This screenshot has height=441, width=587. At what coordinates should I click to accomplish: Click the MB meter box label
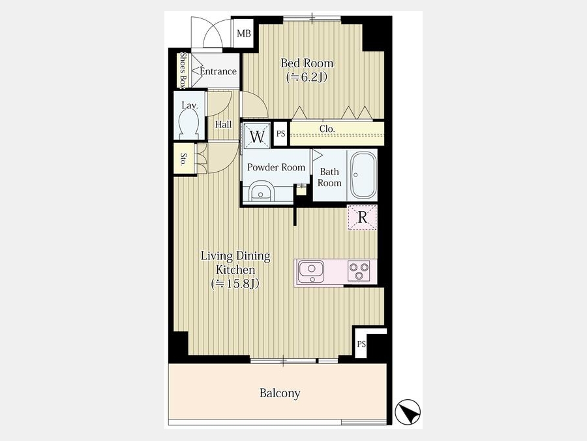tap(244, 33)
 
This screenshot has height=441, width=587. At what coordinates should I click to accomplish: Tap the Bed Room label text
tap(307, 63)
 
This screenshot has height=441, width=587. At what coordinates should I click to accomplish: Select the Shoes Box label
tap(183, 70)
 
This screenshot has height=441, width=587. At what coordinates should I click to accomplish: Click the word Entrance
tap(218, 71)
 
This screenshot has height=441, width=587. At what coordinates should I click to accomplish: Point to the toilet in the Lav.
tap(189, 123)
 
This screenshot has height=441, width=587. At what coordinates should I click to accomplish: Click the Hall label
tap(223, 125)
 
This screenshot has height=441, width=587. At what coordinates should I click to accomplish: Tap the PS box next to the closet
tap(280, 133)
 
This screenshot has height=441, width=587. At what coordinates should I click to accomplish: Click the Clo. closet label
tap(327, 129)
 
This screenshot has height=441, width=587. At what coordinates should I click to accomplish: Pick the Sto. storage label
tap(184, 159)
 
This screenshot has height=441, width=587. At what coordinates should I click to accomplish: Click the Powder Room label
tap(277, 167)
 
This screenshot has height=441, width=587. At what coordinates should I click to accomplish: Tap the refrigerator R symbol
tap(363, 217)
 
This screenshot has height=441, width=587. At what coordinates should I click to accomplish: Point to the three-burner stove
tap(359, 270)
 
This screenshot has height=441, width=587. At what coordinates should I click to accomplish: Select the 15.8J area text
tap(235, 284)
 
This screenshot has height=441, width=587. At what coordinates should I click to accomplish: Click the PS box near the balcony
tap(361, 344)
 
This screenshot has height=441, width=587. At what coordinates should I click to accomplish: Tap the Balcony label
tap(280, 393)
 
